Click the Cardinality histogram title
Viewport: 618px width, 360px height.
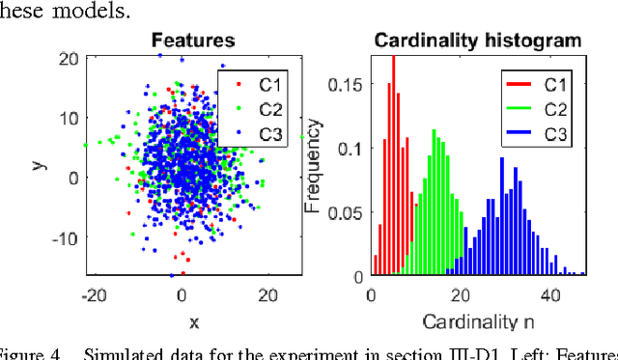[x=478, y=42]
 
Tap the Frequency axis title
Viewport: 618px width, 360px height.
[x=313, y=166]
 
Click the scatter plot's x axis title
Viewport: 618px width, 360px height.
[x=193, y=321]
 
